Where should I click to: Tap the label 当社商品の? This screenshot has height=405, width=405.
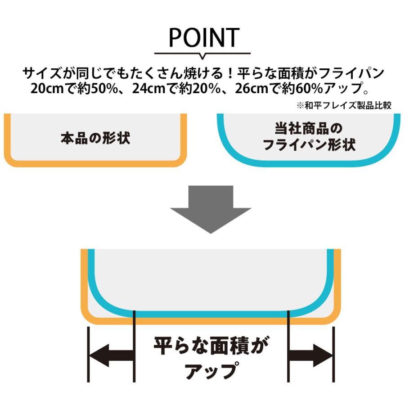click(309, 129)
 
